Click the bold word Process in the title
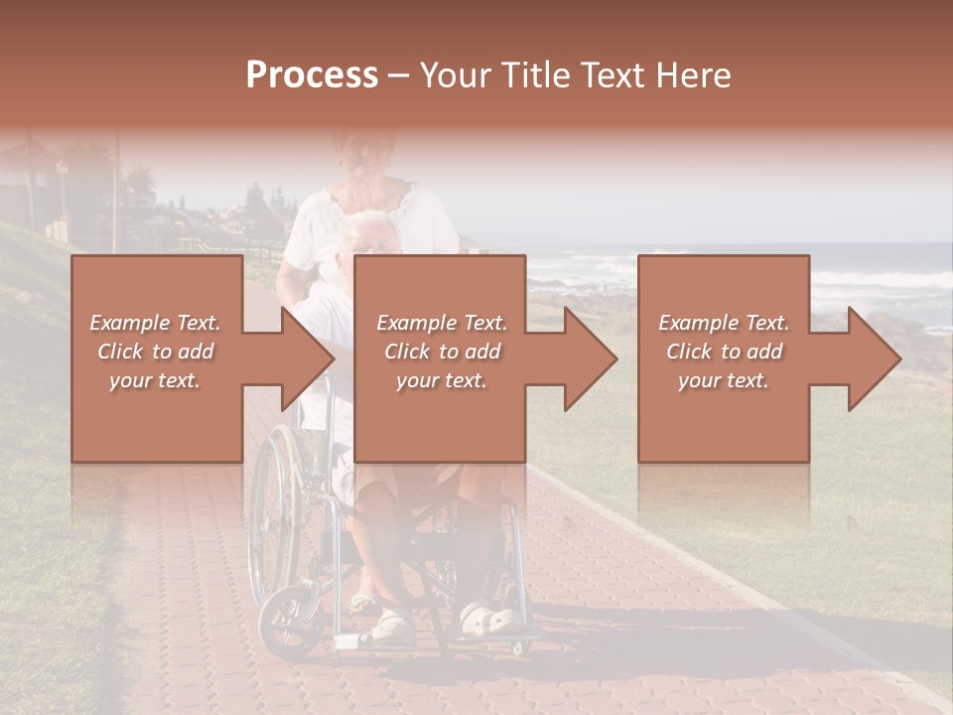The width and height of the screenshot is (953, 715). tap(312, 75)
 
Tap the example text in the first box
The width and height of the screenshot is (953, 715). tap(156, 352)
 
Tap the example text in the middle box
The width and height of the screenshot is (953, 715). tap(442, 352)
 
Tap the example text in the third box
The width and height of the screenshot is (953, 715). tap(724, 352)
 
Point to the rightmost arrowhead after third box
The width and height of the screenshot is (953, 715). tap(873, 358)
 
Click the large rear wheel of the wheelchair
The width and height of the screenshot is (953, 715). tap(274, 516)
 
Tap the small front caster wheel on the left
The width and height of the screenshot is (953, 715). tap(288, 620)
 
